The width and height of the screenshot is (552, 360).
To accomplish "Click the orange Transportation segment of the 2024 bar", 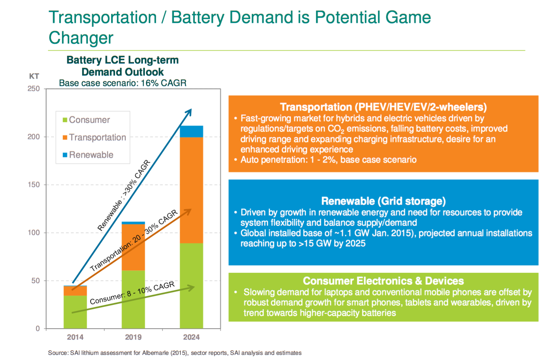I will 191,190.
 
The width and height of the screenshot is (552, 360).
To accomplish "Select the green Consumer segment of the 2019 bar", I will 133,299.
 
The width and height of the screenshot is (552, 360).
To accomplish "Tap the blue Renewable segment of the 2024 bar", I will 191,131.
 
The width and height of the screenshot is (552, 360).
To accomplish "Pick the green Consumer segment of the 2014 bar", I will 75,312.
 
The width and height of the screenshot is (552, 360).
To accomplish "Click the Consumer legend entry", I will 89,120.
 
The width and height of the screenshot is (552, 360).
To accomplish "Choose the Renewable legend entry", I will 91,155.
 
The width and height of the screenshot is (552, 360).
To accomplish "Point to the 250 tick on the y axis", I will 34,89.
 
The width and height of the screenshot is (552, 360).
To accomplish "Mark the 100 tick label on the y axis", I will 34,233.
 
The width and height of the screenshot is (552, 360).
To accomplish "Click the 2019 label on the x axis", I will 133,337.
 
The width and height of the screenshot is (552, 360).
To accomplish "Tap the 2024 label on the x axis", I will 191,337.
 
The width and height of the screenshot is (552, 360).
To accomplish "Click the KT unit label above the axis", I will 34,76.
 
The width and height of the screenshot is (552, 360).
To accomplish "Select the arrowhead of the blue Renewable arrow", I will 189,111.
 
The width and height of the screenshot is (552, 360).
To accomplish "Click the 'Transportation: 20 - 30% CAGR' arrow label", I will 134,241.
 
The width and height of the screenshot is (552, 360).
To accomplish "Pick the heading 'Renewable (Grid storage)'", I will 383,201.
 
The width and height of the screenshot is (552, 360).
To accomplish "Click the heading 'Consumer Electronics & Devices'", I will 383,281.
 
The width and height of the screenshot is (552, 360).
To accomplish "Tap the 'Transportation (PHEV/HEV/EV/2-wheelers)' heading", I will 383,107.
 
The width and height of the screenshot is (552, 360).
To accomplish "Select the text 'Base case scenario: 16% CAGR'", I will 122,83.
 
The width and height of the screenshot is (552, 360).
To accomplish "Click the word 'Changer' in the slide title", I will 81,38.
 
